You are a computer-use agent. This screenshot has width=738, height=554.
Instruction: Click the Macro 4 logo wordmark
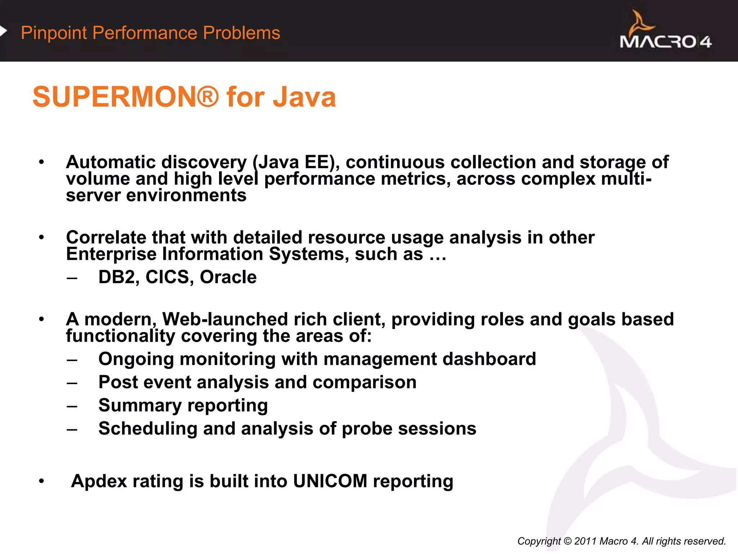(665, 42)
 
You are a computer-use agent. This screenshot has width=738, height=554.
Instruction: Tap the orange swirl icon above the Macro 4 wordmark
(641, 22)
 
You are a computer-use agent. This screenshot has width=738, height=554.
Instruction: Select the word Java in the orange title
(304, 97)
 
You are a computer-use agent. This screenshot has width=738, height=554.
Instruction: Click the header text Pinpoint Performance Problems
(150, 33)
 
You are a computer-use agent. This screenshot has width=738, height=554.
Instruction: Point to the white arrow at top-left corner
(3, 31)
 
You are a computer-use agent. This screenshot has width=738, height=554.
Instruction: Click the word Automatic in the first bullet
(110, 162)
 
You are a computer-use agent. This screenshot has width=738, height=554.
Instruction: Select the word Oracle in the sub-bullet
(228, 277)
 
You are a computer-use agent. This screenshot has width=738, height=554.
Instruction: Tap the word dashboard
(489, 359)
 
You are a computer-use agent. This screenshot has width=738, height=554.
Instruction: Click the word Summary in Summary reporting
(139, 405)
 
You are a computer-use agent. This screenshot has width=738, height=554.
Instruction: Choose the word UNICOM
(330, 481)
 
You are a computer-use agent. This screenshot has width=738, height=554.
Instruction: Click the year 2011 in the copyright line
(586, 541)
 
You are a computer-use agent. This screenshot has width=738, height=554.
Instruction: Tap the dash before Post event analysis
(72, 383)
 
